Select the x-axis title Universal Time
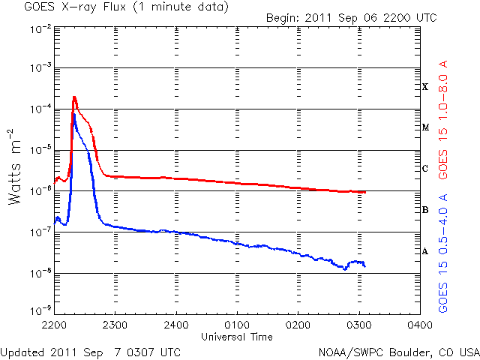[x=236, y=337]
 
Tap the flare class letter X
[x=425, y=87]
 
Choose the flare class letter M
[x=425, y=127]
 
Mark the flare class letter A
[x=425, y=251]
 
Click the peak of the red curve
[x=75, y=97]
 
